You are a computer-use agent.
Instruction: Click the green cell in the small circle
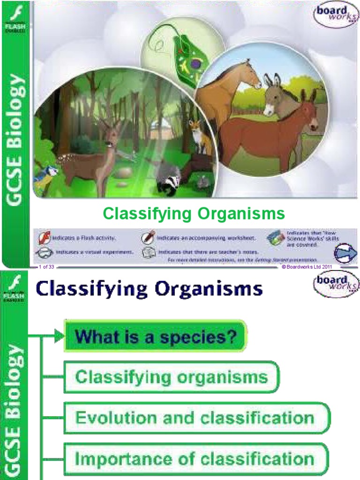[184, 55]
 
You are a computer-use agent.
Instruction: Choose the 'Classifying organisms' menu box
[172, 377]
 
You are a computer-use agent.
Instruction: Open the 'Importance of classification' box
[196, 458]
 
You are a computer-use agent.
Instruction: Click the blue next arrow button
[345, 253]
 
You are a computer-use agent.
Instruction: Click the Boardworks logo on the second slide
[336, 284]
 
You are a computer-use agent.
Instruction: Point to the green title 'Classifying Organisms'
[194, 214]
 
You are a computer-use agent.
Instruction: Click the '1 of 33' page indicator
[47, 267]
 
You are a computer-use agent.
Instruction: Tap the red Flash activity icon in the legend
[44, 239]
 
